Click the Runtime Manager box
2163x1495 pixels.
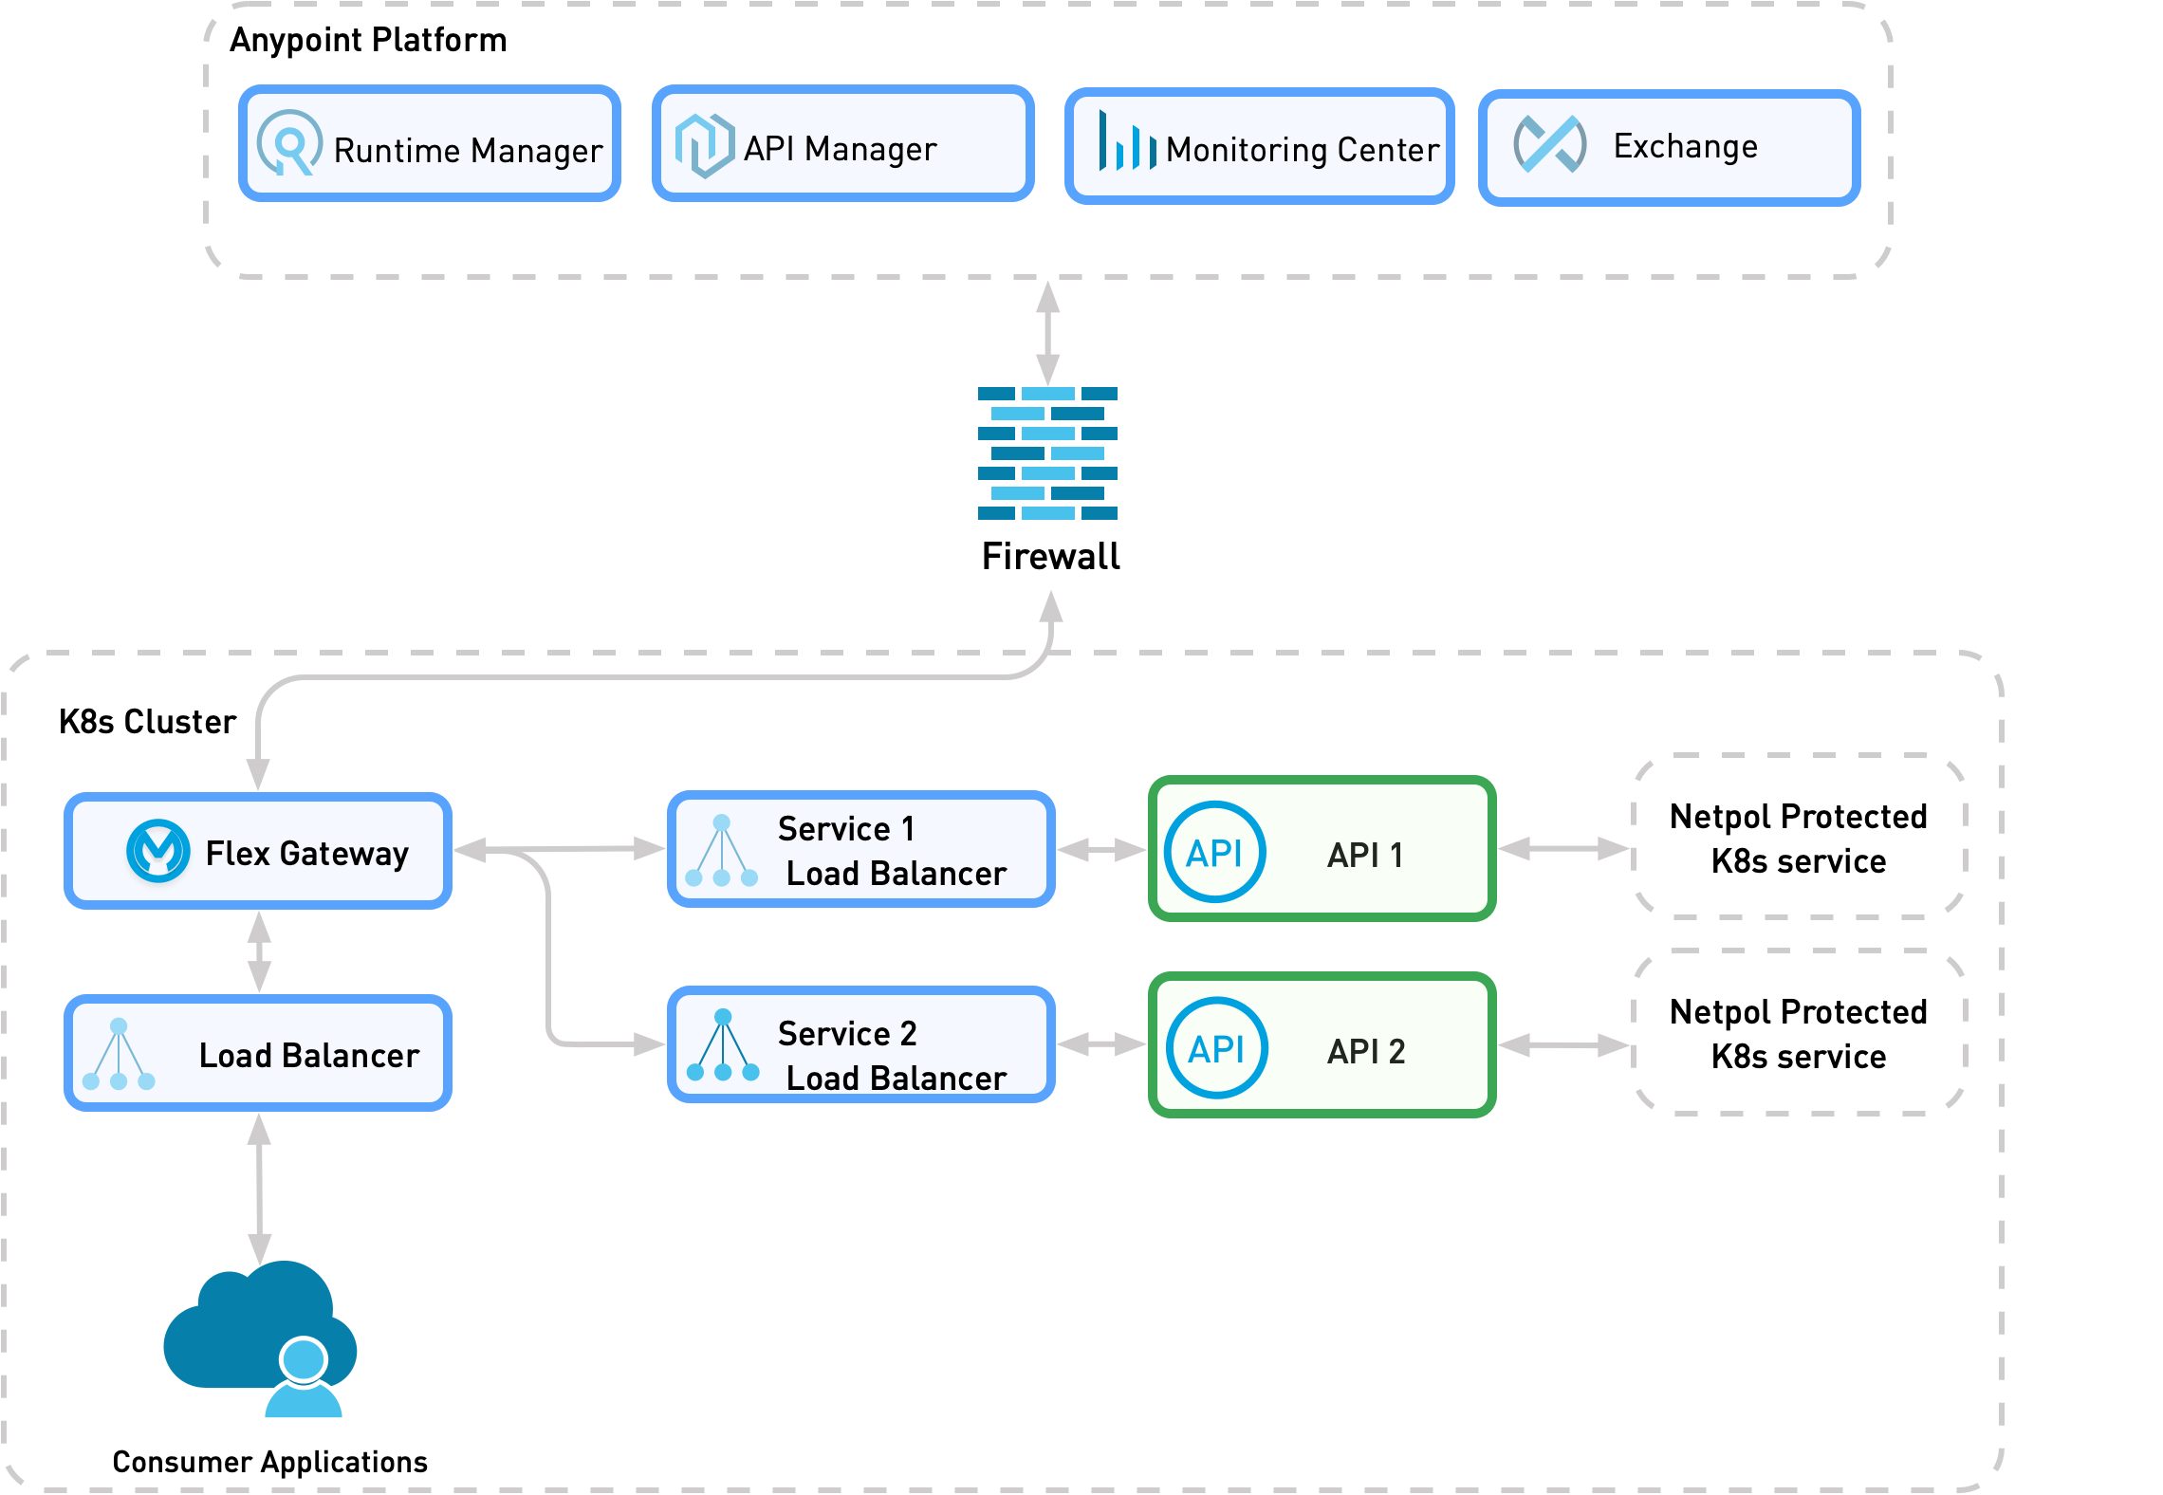430,144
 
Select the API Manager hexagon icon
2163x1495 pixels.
704,145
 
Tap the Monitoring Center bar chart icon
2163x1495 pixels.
1126,142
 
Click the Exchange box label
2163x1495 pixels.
1685,147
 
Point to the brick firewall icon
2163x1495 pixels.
1047,453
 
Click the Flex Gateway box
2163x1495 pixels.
258,851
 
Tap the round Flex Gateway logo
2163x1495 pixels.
157,851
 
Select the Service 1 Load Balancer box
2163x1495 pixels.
861,850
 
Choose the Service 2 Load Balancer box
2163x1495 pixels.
861,1044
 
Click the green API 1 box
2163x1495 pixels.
1322,849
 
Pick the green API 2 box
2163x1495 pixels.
1322,1044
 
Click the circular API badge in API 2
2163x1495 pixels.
1216,1048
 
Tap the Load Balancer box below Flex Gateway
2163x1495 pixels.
258,1053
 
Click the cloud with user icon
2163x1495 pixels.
261,1338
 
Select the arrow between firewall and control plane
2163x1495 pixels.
1047,332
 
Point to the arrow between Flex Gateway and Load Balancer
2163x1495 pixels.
259,951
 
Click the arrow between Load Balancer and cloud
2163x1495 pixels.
259,1188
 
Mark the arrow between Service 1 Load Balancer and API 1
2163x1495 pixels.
1101,850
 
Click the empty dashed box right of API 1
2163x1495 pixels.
1798,837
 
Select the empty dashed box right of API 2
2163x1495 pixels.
1798,1032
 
